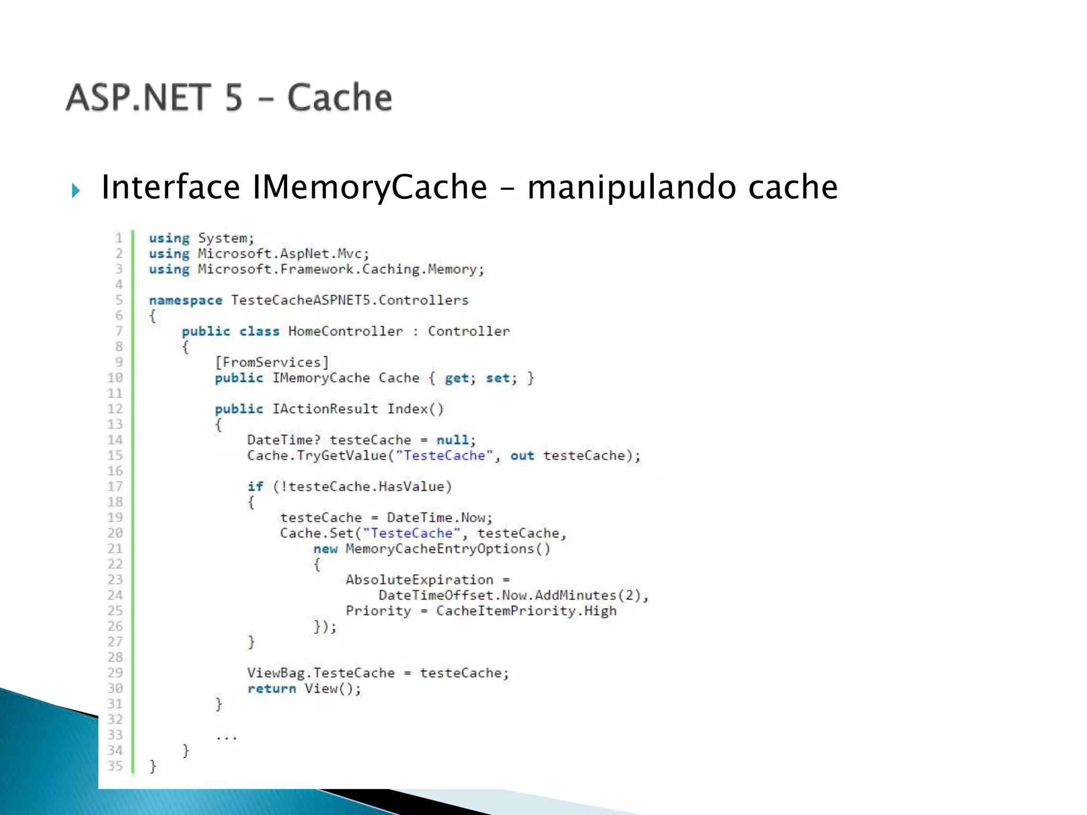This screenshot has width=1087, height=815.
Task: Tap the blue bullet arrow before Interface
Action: (75, 190)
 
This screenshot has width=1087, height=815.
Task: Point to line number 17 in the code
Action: (115, 486)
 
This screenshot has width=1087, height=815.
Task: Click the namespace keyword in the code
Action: (185, 300)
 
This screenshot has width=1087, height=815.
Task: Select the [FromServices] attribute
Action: (272, 362)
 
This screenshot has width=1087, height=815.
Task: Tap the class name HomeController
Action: (346, 331)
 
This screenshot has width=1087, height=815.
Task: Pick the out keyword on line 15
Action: (522, 456)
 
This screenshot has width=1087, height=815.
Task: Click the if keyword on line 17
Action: (255, 487)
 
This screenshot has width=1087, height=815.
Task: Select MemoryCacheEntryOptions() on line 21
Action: (448, 549)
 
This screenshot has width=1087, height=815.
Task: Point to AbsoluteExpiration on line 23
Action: (419, 579)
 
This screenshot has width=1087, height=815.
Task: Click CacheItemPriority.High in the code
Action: (526, 611)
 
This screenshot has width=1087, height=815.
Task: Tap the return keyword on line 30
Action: (271, 689)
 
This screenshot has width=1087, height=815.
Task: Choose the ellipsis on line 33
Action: (227, 736)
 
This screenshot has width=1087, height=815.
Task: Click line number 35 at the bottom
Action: (115, 766)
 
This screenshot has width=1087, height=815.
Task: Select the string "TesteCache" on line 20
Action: (411, 533)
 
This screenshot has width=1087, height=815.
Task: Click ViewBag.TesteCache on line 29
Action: (321, 673)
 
